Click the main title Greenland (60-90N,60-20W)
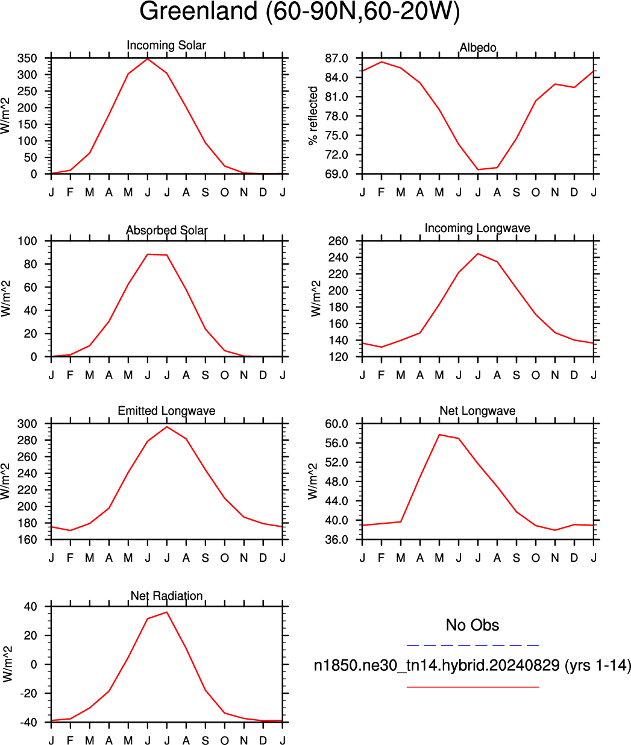point(300,11)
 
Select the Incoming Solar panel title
point(166,45)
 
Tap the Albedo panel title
point(478,48)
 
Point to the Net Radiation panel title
point(166,596)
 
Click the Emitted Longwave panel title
point(166,411)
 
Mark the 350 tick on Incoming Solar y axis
point(27,58)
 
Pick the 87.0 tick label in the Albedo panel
point(336,58)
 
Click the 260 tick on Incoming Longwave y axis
point(338,241)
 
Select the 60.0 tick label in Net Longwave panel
point(336,424)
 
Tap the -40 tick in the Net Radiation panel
point(28,723)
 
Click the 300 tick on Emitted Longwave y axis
point(27,424)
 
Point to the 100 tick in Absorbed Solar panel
point(27,241)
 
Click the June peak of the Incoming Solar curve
point(148,58)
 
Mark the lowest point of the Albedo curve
point(478,169)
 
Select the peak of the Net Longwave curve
point(439,435)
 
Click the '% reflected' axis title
point(313,116)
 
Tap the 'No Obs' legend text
point(472,625)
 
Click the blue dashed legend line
point(472,646)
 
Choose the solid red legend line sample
point(472,687)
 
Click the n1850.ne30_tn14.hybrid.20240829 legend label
point(437,665)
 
